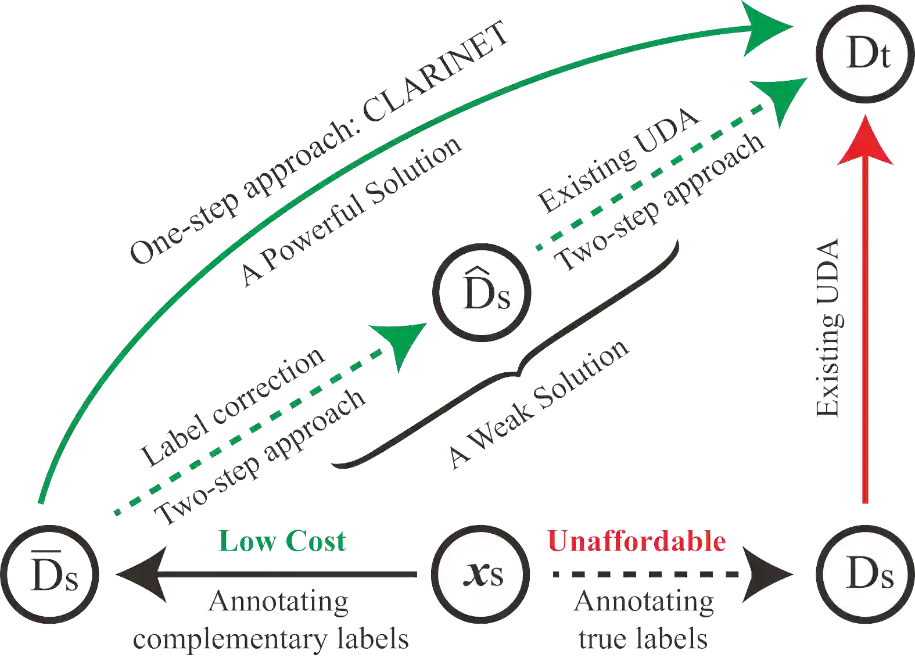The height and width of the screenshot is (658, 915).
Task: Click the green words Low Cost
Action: pyautogui.click(x=283, y=541)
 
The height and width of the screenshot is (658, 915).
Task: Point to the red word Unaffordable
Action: pyautogui.click(x=637, y=541)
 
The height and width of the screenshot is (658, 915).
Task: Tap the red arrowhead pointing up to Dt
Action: pyautogui.click(x=866, y=142)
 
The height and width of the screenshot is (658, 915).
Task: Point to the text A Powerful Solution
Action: pyautogui.click(x=351, y=212)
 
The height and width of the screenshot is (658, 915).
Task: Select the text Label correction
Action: pyautogui.click(x=232, y=407)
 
